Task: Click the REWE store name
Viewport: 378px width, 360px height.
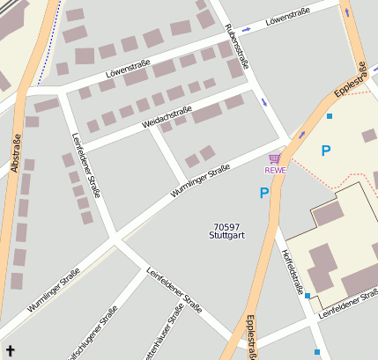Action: (x=275, y=170)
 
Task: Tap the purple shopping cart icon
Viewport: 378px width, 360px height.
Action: (x=275, y=158)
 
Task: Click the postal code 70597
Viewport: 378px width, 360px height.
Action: (x=226, y=226)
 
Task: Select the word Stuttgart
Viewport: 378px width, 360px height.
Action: (x=226, y=236)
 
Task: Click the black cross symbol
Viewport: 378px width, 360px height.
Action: (x=10, y=349)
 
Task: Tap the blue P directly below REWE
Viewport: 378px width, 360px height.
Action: (x=264, y=193)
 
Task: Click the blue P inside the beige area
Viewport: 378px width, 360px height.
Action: (x=326, y=151)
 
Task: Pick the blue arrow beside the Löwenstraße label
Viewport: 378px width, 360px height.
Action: (x=246, y=29)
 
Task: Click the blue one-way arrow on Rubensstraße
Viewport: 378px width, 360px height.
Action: (x=263, y=102)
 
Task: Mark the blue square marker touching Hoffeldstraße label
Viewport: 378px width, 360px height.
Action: (x=307, y=296)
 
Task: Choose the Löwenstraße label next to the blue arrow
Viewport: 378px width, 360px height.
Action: (x=290, y=15)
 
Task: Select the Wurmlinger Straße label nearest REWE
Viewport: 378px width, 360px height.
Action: (x=201, y=180)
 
